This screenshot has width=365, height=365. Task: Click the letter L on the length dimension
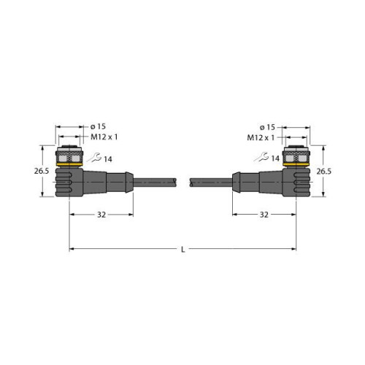182,250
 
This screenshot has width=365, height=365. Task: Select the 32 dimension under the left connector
101,215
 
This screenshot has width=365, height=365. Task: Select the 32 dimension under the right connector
264,215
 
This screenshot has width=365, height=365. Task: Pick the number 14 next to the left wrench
108,159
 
